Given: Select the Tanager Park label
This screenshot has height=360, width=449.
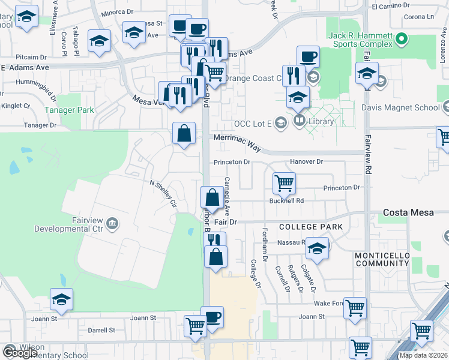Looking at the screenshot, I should (69, 110).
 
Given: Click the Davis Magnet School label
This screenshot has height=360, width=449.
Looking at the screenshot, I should (400, 108).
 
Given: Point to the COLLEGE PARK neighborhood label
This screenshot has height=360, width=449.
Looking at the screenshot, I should (310, 227).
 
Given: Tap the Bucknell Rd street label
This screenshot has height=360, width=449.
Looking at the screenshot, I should (287, 200).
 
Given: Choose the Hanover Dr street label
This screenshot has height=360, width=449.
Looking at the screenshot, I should (306, 161).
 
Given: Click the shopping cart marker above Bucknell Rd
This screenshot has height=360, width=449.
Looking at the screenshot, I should (284, 183).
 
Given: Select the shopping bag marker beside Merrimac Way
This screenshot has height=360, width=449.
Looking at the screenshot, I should (184, 134).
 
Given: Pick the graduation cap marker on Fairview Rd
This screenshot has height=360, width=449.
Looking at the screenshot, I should (367, 74).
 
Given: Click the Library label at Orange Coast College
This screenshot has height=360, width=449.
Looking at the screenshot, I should (322, 121).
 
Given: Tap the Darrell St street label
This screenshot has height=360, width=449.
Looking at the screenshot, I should (101, 330).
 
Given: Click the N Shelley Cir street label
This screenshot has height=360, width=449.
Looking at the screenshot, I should (163, 193).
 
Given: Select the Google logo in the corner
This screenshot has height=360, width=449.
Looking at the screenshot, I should (19, 353).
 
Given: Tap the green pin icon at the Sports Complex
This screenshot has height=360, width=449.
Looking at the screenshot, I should (402, 40).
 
